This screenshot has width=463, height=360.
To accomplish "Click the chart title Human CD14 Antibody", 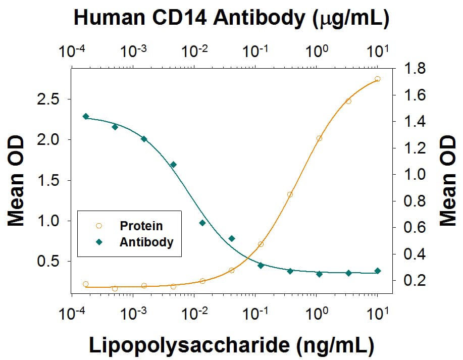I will [x=231, y=18].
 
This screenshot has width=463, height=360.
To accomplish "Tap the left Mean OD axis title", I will [x=16, y=180].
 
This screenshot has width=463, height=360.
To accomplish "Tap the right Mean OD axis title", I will [x=447, y=180].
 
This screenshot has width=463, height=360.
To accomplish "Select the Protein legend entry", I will [x=141, y=226].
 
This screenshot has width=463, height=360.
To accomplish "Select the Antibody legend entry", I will [x=146, y=242].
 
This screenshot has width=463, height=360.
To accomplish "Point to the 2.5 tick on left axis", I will [x=50, y=99].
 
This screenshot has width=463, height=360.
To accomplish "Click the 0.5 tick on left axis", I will [x=50, y=262].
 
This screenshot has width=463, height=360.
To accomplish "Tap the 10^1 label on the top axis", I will [x=378, y=50].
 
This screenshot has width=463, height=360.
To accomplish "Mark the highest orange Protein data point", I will [x=377, y=79].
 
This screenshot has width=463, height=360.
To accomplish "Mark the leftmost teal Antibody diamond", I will [x=86, y=117].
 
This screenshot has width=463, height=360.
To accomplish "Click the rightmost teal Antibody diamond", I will [x=377, y=271].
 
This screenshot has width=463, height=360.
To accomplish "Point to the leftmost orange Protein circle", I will [x=86, y=284].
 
